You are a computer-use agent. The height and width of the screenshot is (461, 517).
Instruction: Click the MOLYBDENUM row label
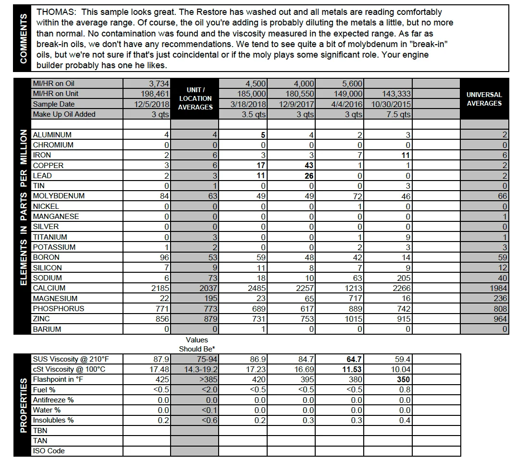59,196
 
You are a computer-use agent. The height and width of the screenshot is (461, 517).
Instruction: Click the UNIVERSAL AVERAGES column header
484,99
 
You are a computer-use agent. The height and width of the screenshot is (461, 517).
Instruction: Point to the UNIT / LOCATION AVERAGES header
195,98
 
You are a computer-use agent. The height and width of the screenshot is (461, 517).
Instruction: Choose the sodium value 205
403,278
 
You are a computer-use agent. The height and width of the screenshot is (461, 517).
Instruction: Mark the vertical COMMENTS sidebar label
23,38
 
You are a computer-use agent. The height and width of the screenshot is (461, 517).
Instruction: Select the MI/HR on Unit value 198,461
155,94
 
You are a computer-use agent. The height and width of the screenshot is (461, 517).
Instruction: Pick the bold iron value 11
405,155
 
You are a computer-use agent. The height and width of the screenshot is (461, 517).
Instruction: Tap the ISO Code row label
49,451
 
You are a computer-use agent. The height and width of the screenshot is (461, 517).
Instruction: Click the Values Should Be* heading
197,344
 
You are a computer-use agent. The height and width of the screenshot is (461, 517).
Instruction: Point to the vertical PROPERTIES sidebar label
23,405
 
